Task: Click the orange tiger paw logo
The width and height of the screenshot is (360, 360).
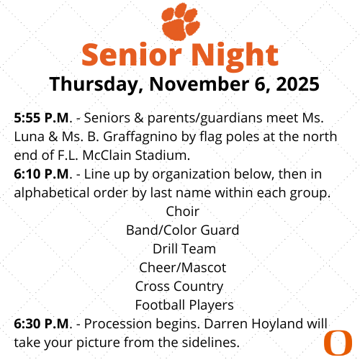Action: point(179,22)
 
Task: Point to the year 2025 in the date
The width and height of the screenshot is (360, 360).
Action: point(297,84)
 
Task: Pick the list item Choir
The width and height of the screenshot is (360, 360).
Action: point(182,212)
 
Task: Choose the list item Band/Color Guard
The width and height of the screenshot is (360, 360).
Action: point(182,230)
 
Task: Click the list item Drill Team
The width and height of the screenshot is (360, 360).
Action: point(184,249)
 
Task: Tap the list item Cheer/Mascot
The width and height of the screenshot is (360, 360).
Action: point(182,268)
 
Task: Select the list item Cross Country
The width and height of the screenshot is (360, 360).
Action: point(179,287)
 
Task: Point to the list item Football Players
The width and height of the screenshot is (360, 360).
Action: point(184,305)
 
